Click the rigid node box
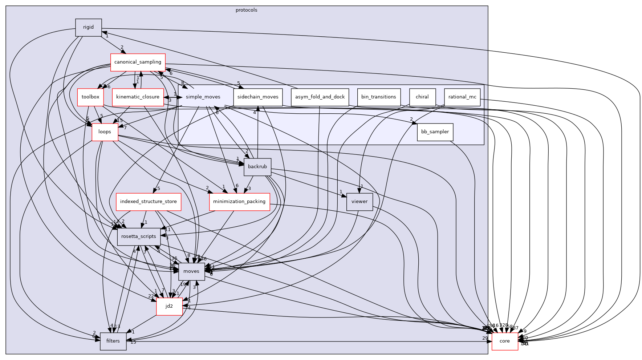[88, 27]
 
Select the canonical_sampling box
[138, 62]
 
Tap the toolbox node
[90, 97]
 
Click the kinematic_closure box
[138, 97]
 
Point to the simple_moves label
[203, 97]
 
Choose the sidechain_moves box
[258, 97]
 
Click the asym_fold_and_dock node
[320, 97]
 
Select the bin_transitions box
[378, 97]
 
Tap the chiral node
[422, 97]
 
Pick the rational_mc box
[462, 97]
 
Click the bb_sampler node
[435, 132]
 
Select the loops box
[105, 132]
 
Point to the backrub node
[257, 167]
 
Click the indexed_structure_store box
[148, 202]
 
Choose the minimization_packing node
[239, 202]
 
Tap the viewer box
[359, 202]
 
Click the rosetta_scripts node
[138, 236]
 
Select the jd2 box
[169, 306]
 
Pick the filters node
[113, 341]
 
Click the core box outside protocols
[504, 341]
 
